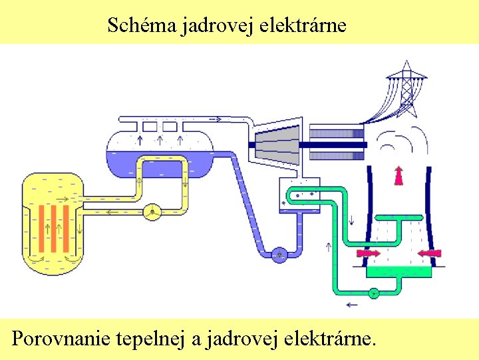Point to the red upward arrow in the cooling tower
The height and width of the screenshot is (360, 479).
pos(399,174)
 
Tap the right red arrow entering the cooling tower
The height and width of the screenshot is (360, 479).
pos(429,253)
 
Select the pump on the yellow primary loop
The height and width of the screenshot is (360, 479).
pos(152,211)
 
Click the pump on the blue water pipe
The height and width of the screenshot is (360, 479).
pos(279,253)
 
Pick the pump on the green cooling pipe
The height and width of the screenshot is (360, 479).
pos(373,292)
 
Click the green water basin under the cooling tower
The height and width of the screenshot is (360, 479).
pos(399,270)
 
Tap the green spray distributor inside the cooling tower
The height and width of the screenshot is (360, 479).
pos(398,217)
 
